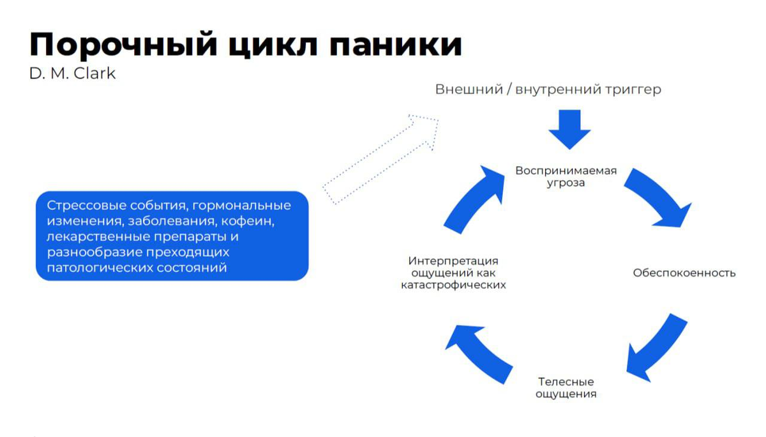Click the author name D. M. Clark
(72, 73)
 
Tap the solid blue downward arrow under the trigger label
(569, 129)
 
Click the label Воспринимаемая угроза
(566, 176)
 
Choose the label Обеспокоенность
(684, 273)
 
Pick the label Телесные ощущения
(566, 388)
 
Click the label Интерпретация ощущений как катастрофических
(453, 273)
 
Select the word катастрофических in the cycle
(453, 285)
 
